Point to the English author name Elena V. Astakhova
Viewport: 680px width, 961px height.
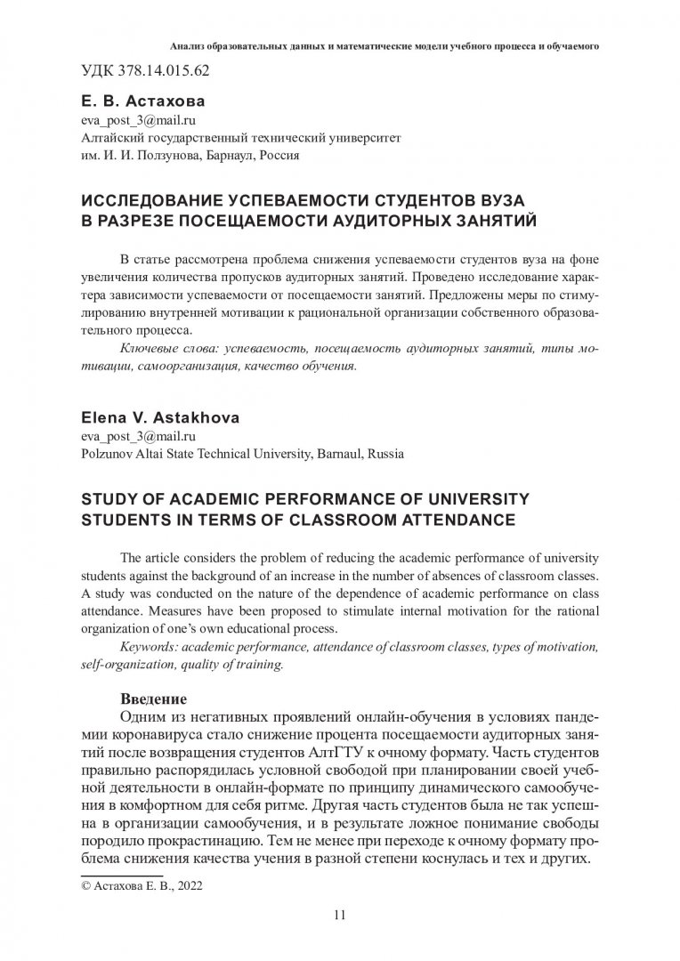[145, 418]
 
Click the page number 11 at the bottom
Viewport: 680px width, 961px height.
[339, 914]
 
